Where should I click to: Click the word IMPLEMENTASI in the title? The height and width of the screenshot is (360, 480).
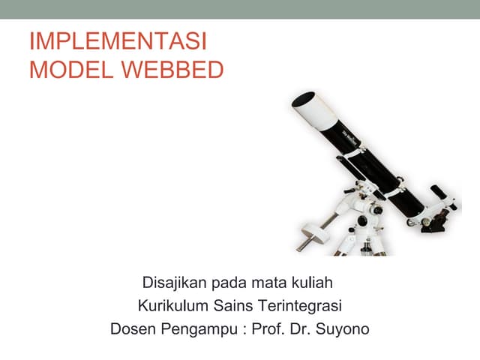click(x=118, y=42)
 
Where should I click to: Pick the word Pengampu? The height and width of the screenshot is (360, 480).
click(x=197, y=329)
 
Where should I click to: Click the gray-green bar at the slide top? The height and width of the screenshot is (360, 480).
click(x=240, y=9)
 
